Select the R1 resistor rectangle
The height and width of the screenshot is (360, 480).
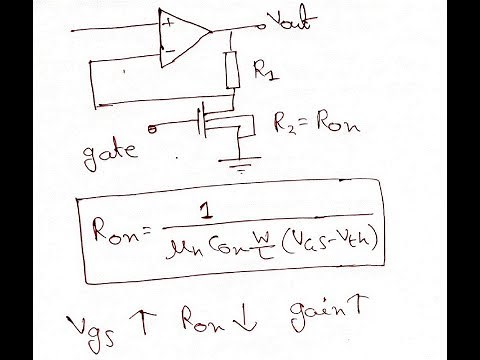tap(232, 70)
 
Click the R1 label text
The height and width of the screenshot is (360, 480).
tap(265, 72)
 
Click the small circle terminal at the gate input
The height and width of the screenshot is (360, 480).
tap(152, 128)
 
